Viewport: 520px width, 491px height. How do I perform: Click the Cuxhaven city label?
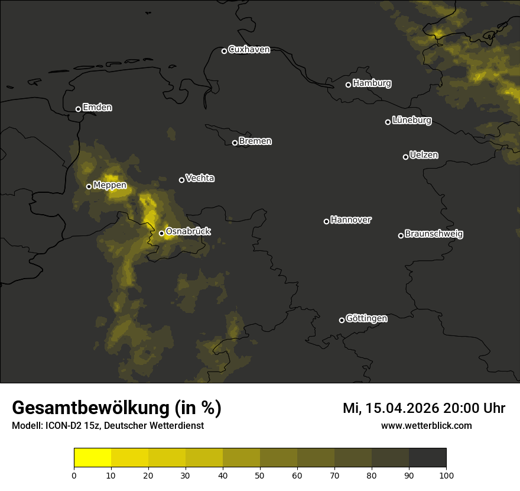[249, 50]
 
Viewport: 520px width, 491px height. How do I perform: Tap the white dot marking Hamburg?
[348, 85]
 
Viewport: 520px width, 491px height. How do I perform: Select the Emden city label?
[97, 108]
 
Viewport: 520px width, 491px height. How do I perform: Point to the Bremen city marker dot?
[235, 143]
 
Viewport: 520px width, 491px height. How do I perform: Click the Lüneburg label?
[411, 121]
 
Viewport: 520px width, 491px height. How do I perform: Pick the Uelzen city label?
[424, 155]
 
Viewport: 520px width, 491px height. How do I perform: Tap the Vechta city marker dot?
[181, 180]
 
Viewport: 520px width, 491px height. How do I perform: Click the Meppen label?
[110, 185]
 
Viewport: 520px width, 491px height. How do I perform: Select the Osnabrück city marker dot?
[161, 233]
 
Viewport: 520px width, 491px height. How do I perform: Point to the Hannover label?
[351, 220]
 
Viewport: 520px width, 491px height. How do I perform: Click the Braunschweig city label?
[434, 234]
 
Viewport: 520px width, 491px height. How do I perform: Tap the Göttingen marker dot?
[342, 320]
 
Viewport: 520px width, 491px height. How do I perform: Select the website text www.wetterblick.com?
[426, 426]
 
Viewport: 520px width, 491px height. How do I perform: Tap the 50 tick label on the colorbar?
[260, 475]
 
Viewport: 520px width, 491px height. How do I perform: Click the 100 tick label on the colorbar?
[446, 475]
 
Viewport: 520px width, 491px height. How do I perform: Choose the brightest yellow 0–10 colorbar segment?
[93, 458]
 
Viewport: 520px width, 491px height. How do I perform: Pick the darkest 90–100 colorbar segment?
[427, 458]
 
